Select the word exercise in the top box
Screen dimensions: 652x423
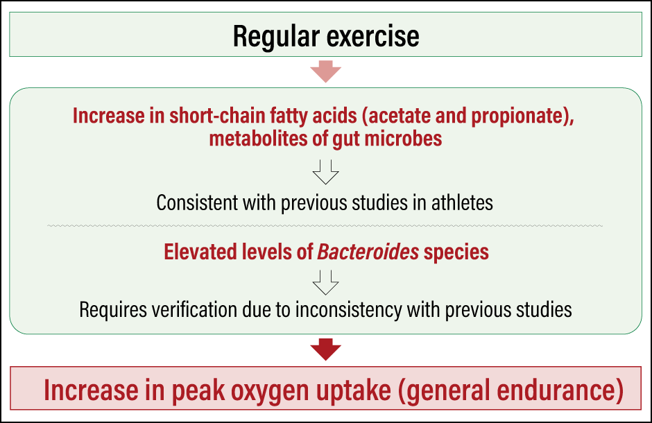tap(373, 36)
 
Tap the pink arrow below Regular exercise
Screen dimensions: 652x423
tap(325, 71)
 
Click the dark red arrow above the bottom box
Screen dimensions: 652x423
tap(325, 349)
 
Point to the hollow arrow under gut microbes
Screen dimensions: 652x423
tap(325, 171)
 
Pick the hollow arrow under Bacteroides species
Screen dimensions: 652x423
tap(325, 282)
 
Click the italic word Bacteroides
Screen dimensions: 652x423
tap(368, 252)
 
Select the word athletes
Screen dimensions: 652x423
tap(462, 203)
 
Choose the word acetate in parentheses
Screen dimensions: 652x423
tap(400, 116)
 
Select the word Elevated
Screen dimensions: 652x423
tap(200, 252)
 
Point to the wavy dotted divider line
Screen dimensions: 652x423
tap(325, 226)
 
